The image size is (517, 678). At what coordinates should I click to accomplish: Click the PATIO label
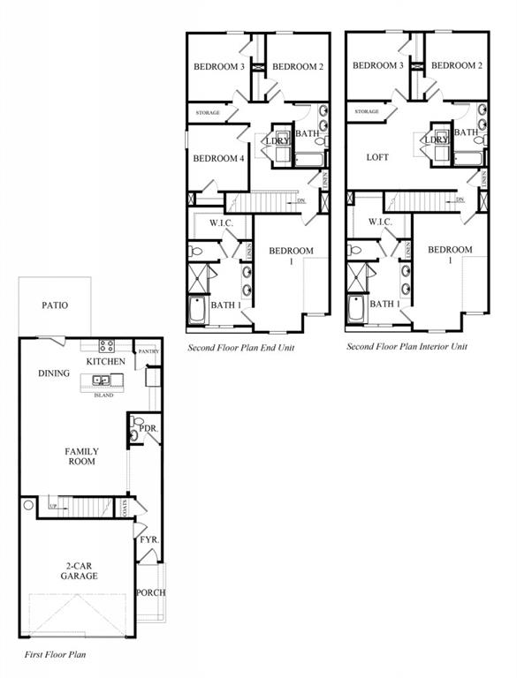pos(55,305)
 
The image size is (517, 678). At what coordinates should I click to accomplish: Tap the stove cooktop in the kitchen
pos(107,346)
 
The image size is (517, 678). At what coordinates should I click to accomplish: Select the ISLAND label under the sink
pos(103,395)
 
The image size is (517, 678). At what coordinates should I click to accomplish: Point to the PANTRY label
pos(148,351)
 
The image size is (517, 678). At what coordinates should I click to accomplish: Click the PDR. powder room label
pos(148,428)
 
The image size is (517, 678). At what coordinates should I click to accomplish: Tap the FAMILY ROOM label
pos(81,456)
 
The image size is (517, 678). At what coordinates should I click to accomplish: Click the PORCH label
pos(150,591)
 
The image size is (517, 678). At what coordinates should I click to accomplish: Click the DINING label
pos(54,373)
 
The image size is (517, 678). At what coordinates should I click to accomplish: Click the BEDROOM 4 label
pos(218,159)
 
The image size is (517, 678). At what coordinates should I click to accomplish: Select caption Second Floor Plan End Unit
pos(240,348)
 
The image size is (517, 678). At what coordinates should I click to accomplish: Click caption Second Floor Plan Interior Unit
pos(407,347)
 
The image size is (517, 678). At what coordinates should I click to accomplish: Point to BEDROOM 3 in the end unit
pos(219,66)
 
